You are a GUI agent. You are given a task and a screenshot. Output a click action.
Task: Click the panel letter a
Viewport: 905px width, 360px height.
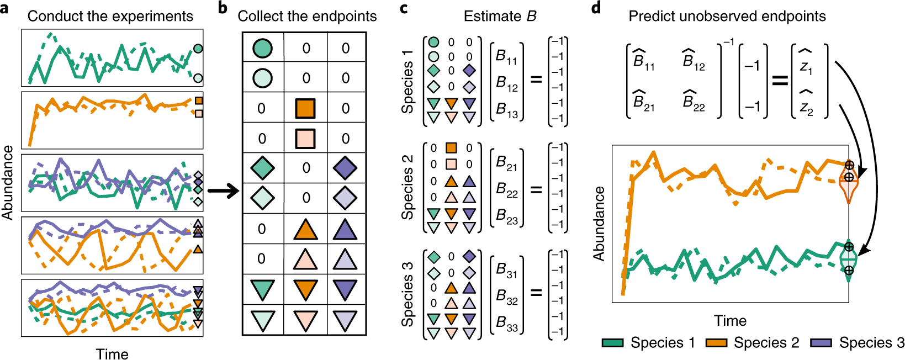[5, 9]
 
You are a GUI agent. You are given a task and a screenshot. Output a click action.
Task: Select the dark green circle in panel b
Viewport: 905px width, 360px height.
[262, 48]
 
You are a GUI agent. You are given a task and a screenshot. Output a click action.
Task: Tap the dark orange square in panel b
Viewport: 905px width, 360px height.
[305, 108]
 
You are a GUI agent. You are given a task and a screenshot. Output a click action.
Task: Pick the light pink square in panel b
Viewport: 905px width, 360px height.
[305, 138]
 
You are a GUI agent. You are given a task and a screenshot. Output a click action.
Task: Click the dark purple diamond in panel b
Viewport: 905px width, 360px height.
[346, 168]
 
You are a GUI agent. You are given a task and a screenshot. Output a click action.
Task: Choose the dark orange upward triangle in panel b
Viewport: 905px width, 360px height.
[305, 229]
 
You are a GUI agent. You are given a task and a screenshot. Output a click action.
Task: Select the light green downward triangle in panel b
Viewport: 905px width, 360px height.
[262, 320]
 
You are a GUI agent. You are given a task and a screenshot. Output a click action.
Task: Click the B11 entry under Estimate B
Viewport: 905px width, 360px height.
[506, 57]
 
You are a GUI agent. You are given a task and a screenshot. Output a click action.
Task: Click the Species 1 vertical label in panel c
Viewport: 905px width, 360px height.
[407, 81]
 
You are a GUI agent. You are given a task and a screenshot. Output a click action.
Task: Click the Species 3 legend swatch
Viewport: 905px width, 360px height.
[821, 343]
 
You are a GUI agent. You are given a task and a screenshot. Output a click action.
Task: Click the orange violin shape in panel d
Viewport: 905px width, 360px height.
[849, 188]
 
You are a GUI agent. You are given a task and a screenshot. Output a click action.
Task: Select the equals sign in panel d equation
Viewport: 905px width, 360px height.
[779, 81]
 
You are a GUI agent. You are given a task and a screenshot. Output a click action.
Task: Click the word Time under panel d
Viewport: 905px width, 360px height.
[730, 321]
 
